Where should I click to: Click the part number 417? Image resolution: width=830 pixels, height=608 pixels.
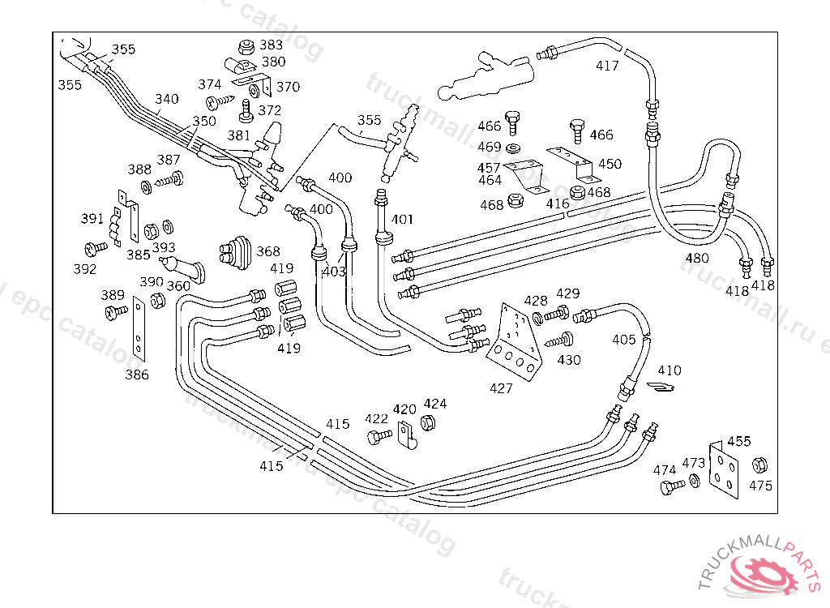tap(607, 66)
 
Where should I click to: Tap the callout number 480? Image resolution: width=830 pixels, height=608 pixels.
tap(697, 259)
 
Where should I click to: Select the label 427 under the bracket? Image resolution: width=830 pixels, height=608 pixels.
tap(501, 388)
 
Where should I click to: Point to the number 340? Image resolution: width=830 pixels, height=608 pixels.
tap(167, 99)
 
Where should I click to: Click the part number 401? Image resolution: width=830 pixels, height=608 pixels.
tap(402, 219)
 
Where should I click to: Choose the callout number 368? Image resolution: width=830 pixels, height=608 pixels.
tap(268, 251)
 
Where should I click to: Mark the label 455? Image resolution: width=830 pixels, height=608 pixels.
tap(738, 441)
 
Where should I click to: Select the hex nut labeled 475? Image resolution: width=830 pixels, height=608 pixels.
tap(759, 465)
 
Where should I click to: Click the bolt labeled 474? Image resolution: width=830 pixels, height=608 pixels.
tap(668, 487)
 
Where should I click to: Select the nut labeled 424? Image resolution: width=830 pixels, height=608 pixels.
tap(431, 422)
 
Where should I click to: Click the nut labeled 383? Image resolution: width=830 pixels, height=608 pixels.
tap(245, 45)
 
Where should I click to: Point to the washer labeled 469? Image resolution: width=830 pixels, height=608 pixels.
tap(513, 149)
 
